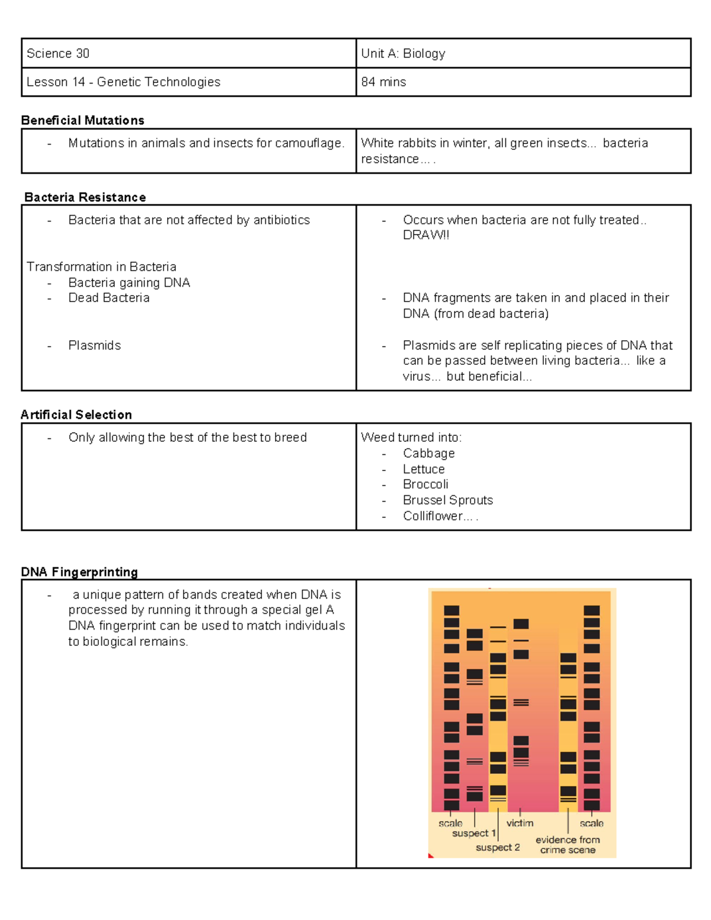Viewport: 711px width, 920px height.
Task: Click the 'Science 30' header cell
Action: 58,53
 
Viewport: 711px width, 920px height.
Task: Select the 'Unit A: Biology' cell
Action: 403,53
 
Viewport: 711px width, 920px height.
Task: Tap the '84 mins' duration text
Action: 383,82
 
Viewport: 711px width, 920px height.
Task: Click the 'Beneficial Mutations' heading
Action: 82,120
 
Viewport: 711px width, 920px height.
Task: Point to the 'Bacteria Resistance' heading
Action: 85,197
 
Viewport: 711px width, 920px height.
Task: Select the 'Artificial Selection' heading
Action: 76,415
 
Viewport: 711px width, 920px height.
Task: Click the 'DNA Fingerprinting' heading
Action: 79,572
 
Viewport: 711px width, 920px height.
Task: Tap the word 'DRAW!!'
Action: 425,235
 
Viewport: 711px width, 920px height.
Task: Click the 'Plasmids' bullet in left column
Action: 94,345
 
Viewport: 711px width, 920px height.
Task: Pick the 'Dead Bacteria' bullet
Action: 108,298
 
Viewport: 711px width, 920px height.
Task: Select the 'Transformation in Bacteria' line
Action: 101,267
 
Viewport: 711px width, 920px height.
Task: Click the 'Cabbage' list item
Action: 428,453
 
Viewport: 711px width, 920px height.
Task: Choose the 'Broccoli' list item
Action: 425,484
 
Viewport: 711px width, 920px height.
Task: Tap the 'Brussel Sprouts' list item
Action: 447,500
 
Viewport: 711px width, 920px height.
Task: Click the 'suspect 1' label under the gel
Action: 473,833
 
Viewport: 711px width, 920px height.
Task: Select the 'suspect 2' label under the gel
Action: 498,847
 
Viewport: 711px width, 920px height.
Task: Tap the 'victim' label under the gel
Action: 520,823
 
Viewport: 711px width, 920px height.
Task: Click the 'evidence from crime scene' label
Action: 568,845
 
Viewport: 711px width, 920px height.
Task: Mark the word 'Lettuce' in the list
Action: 424,469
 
